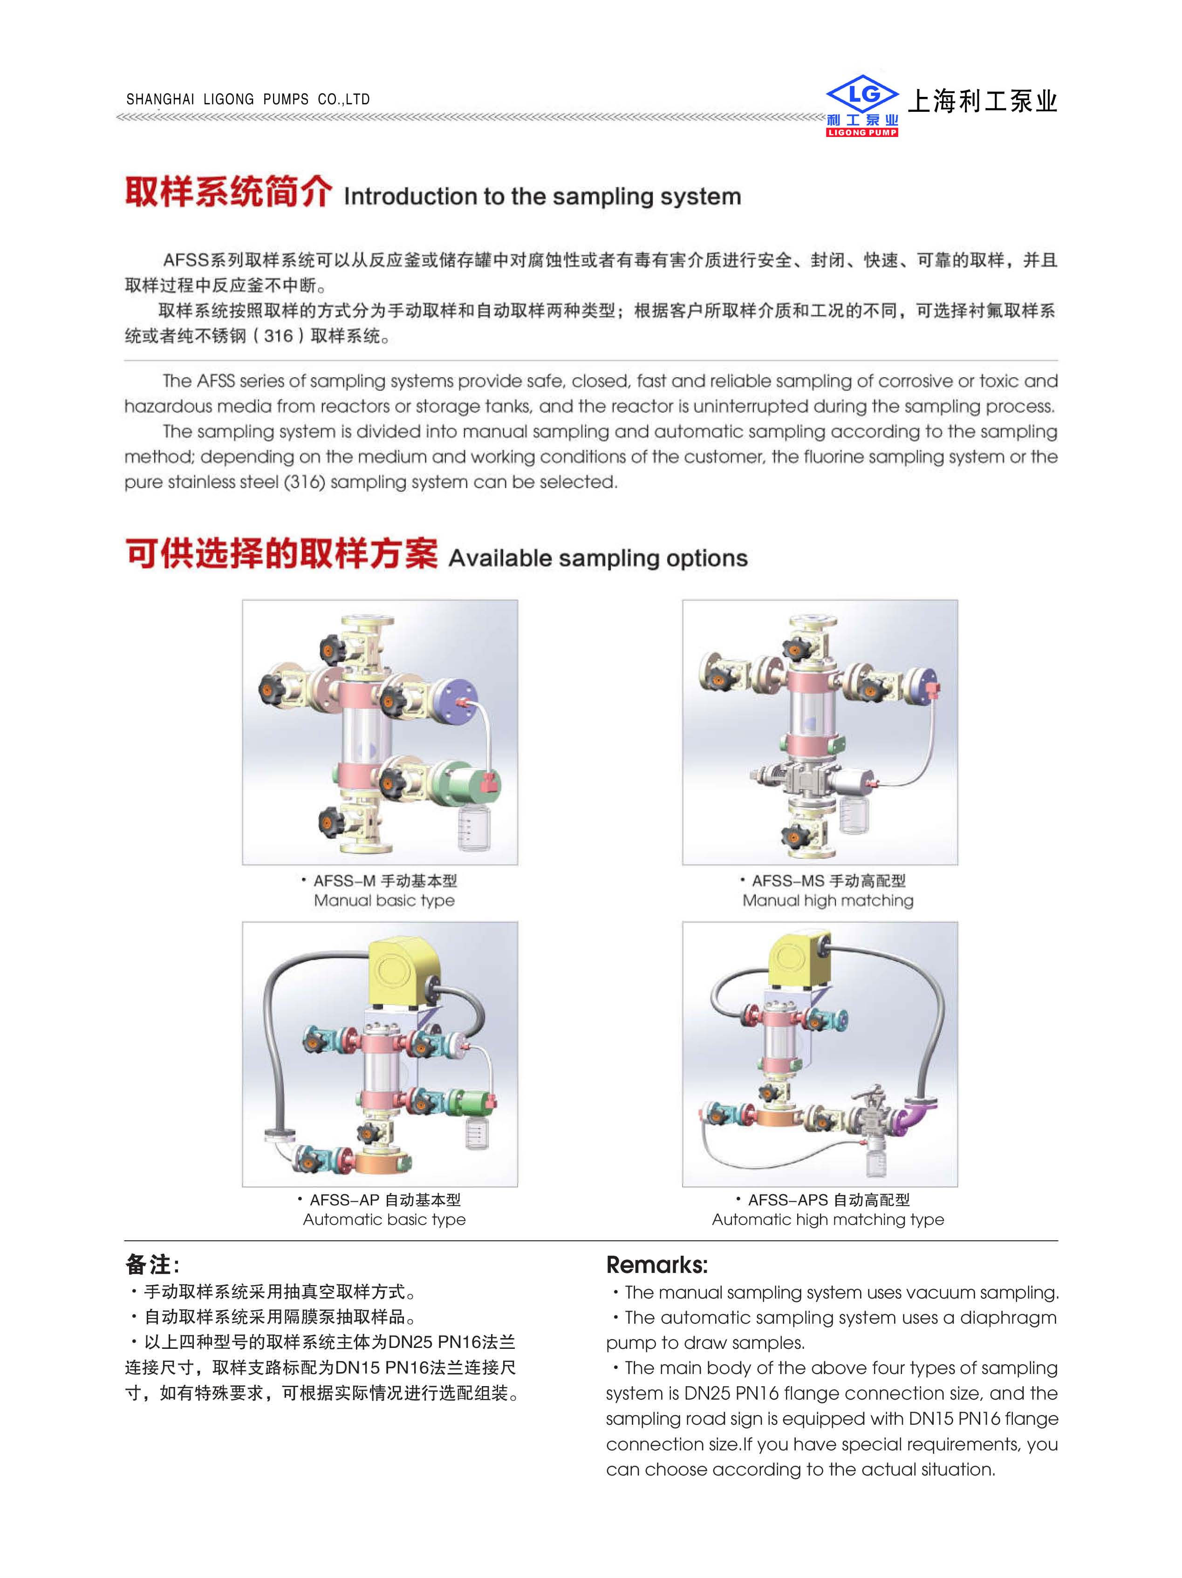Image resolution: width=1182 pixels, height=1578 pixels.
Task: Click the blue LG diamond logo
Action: pos(861,94)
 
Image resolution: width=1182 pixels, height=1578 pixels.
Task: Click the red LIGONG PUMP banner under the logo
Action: pos(861,132)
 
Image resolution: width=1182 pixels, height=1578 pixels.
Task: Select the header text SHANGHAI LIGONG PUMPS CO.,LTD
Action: pos(248,99)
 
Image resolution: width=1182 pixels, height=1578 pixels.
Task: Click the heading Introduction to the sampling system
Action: pos(542,196)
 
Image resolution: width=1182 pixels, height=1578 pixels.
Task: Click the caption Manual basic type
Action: pos(384,900)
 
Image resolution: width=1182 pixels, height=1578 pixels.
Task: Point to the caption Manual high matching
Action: pos(827,900)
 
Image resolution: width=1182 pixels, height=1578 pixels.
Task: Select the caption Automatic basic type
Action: pos(384,1219)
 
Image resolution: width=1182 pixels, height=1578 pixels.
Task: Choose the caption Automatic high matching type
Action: pos(827,1219)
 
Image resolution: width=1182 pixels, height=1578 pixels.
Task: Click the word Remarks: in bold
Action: pos(656,1265)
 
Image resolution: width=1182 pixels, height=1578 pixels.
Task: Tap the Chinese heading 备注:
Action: pos(152,1265)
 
